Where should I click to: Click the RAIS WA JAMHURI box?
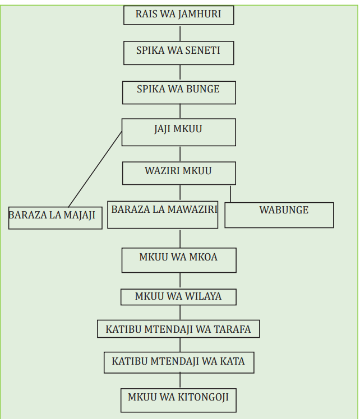click(x=179, y=15)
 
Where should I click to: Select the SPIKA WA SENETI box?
click(x=179, y=53)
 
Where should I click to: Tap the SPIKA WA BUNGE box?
click(x=179, y=92)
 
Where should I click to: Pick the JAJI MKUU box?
click(x=179, y=132)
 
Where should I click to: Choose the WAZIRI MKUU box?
click(x=179, y=173)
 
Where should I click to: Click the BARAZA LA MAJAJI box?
click(x=56, y=218)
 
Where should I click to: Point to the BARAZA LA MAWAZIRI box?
click(x=163, y=215)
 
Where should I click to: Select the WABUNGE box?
click(x=279, y=215)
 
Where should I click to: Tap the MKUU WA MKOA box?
click(x=179, y=260)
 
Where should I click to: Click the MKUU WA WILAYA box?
click(x=178, y=297)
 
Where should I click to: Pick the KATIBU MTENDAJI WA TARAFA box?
click(x=178, y=329)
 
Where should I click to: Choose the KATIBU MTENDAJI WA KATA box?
click(x=179, y=362)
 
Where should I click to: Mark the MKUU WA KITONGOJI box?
click(x=178, y=401)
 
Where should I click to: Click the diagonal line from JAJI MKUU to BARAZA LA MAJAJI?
click(x=95, y=169)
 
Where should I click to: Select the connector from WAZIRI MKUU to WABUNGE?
click(x=230, y=194)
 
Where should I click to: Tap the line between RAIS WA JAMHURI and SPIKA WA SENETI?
click(x=180, y=34)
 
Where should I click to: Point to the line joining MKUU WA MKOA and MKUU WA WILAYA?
click(x=180, y=281)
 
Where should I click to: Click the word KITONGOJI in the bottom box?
click(x=203, y=397)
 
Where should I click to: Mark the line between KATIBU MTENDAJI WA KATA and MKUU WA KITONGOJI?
click(x=180, y=380)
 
